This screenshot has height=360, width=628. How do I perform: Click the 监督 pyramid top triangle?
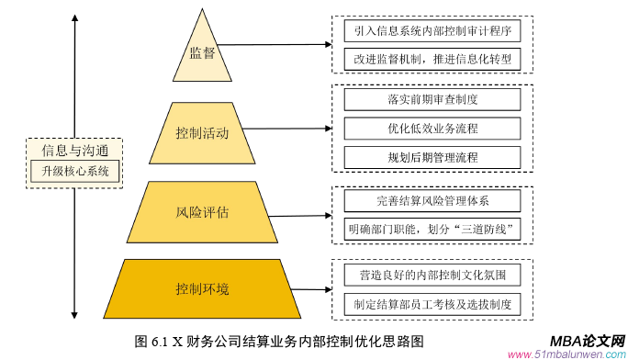coord(202,53)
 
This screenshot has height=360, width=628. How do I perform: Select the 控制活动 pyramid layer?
coord(202,133)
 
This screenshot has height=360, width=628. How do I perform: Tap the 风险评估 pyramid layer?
coord(202,212)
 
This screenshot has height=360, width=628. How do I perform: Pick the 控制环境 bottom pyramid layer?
coord(202,289)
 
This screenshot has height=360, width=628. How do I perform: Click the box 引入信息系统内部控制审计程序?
coord(432,29)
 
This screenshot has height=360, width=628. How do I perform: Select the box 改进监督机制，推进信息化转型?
coord(432,58)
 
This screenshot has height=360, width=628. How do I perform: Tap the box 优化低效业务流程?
coord(432,128)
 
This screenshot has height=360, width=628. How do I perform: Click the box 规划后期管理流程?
coord(432,157)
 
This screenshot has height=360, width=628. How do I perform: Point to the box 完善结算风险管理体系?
coord(432,199)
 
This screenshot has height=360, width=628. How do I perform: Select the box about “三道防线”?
coord(432,228)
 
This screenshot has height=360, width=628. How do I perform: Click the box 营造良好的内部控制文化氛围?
coord(432,275)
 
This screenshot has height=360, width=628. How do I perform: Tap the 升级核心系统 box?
coord(74,171)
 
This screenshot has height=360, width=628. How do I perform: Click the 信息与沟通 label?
coord(74,151)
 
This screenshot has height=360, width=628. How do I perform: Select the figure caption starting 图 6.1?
coord(278,341)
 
